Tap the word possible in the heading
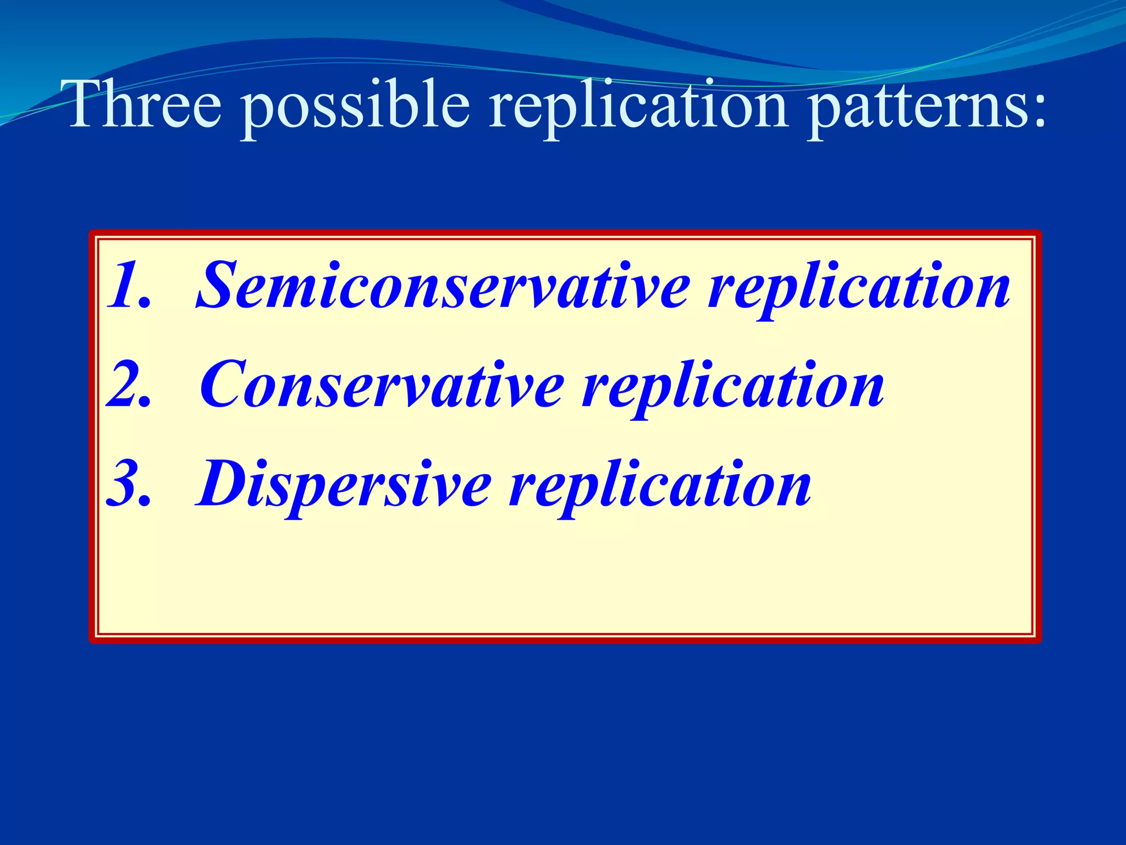tap(356, 107)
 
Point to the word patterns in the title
tap(913, 107)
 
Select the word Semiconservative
tap(443, 286)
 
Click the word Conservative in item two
tap(382, 385)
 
